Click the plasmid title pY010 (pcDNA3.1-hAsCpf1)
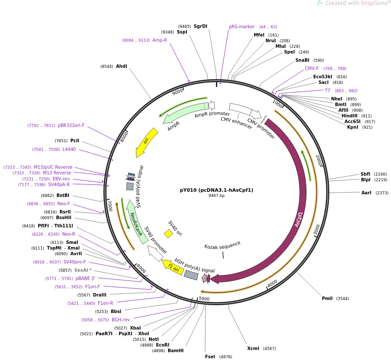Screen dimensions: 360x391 pos(216,190)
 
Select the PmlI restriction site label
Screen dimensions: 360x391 pos(327,298)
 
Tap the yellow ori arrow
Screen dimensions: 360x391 pos(147,142)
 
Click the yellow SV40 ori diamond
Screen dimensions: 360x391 pos(169,233)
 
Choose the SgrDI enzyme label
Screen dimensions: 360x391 pos(200,26)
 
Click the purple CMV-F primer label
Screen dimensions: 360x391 pos(311,68)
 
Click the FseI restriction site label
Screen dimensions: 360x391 pos(210,357)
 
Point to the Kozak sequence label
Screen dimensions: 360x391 pos(222,246)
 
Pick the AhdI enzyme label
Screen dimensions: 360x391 pos(121,66)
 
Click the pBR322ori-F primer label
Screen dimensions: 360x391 pos(71,125)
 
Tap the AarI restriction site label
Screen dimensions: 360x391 pos(366,193)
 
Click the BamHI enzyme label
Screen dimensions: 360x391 pos(176,350)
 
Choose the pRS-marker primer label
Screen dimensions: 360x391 pos(242,27)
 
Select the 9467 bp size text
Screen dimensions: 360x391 pos(216,196)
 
